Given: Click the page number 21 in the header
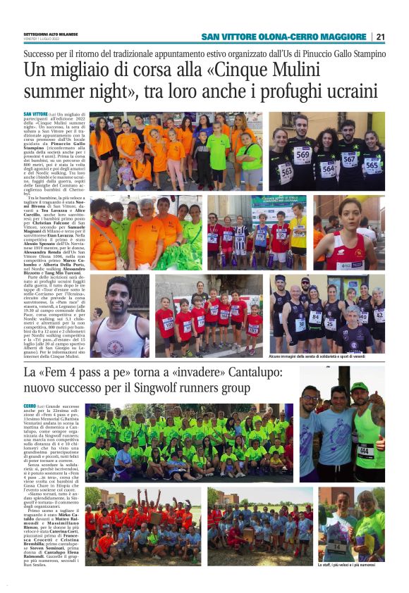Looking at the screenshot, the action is (380, 37).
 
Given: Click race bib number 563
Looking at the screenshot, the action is (286, 169).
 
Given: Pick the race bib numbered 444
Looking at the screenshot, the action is (365, 449).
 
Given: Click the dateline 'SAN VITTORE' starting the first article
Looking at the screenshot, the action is (35, 114).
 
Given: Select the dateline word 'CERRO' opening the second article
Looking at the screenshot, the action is (30, 406).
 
